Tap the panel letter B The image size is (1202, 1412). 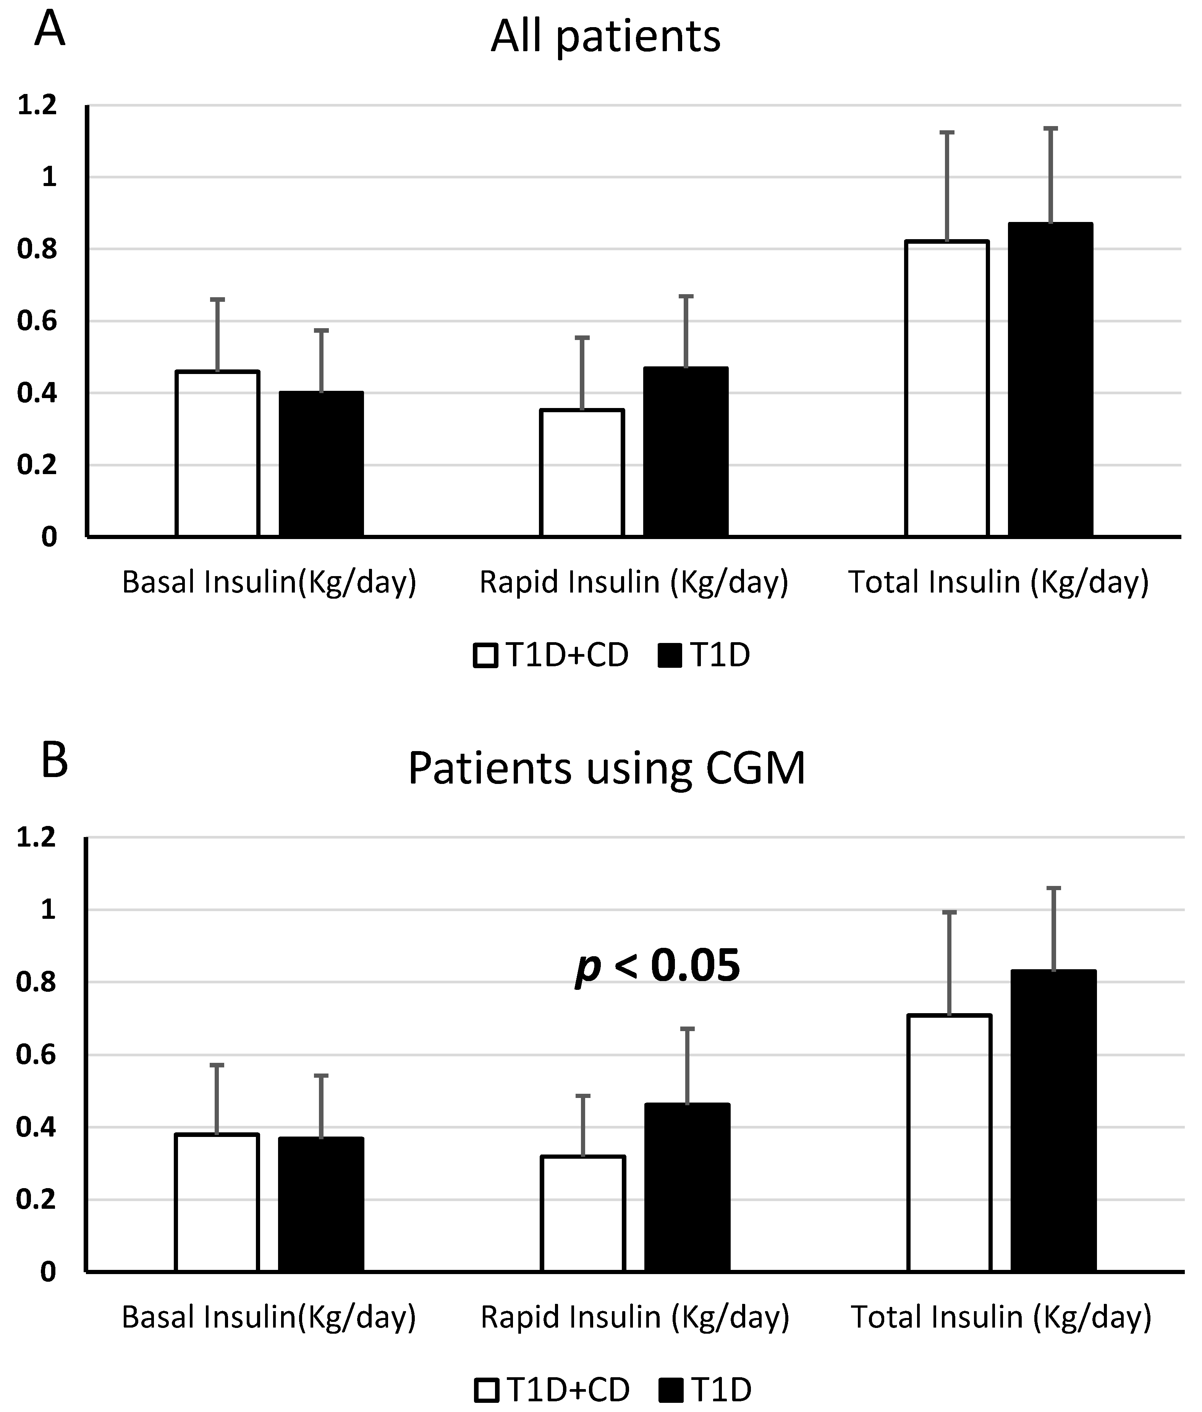[55, 761]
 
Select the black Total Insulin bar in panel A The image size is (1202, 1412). [1051, 380]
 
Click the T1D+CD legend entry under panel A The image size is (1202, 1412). [550, 656]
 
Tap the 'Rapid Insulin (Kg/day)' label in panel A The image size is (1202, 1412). [634, 583]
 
